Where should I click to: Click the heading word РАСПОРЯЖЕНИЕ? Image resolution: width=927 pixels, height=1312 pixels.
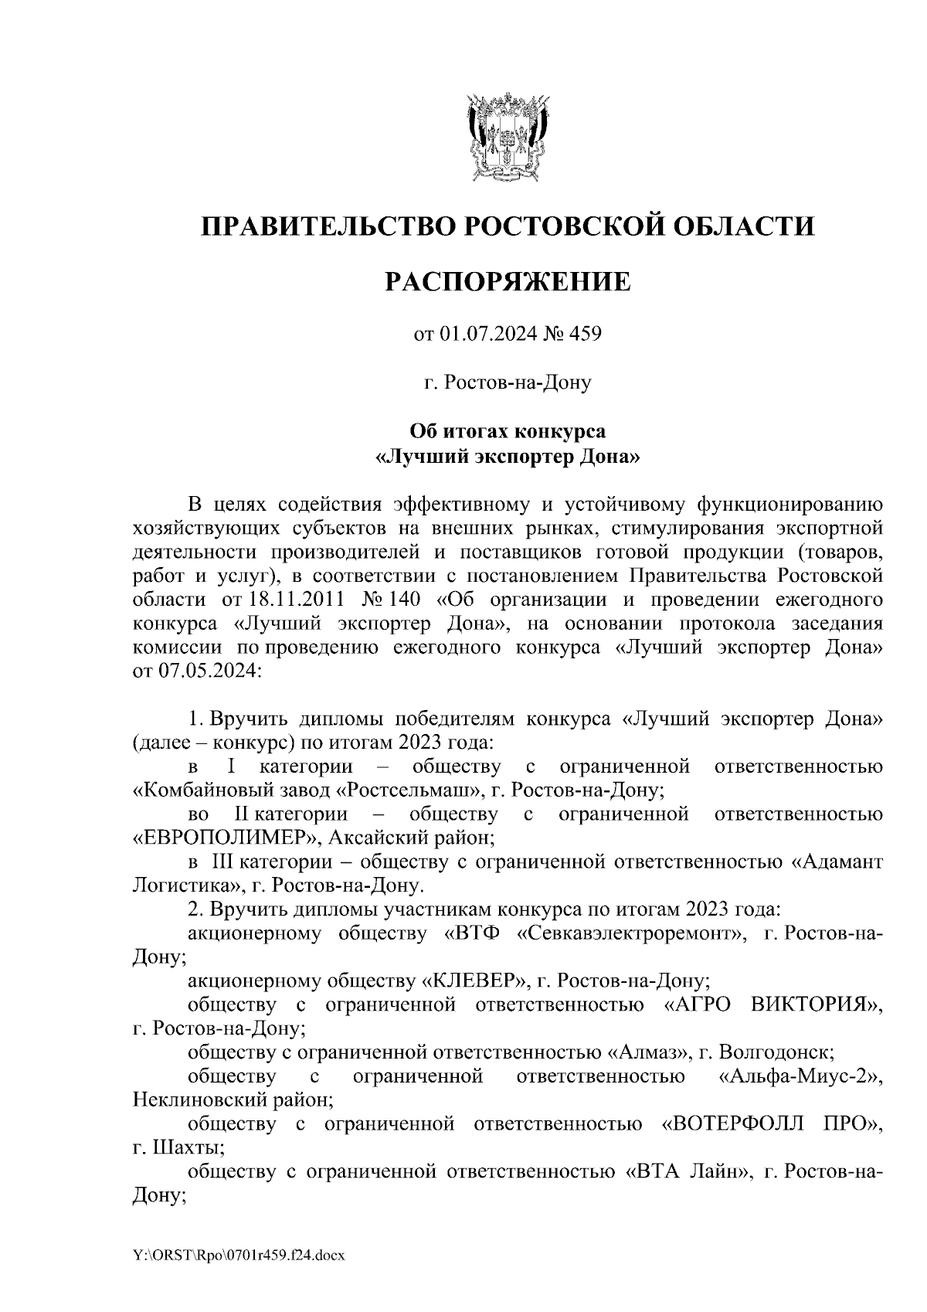click(x=508, y=281)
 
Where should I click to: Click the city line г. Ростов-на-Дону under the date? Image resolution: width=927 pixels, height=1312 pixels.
click(x=508, y=382)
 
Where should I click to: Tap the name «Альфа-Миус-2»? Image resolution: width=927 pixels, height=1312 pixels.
click(x=800, y=1076)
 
